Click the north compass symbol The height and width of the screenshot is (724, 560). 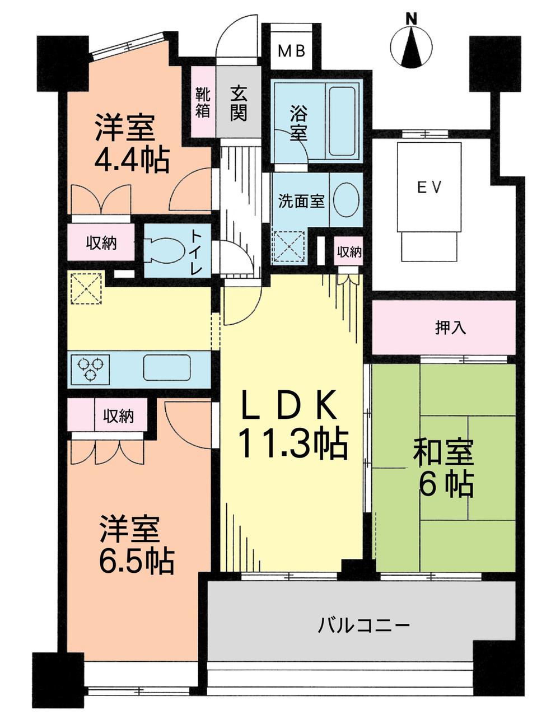pyautogui.click(x=412, y=46)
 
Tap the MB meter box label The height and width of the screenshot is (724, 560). pyautogui.click(x=292, y=51)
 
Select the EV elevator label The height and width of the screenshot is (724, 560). pyautogui.click(x=430, y=187)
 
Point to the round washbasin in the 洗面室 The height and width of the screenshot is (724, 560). pyautogui.click(x=347, y=200)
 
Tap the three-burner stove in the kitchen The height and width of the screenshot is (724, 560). pyautogui.click(x=90, y=368)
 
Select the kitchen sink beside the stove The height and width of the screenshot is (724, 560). pyautogui.click(x=166, y=368)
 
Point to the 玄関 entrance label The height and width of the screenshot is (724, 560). pyautogui.click(x=238, y=102)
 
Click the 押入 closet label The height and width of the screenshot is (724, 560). pyautogui.click(x=450, y=328)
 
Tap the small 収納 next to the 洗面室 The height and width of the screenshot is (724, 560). pyautogui.click(x=349, y=252)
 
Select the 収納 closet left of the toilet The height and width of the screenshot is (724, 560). pyautogui.click(x=101, y=243)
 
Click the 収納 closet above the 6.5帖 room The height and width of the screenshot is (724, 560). pyautogui.click(x=118, y=415)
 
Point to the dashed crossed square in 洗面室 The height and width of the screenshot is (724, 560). pyautogui.click(x=289, y=245)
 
